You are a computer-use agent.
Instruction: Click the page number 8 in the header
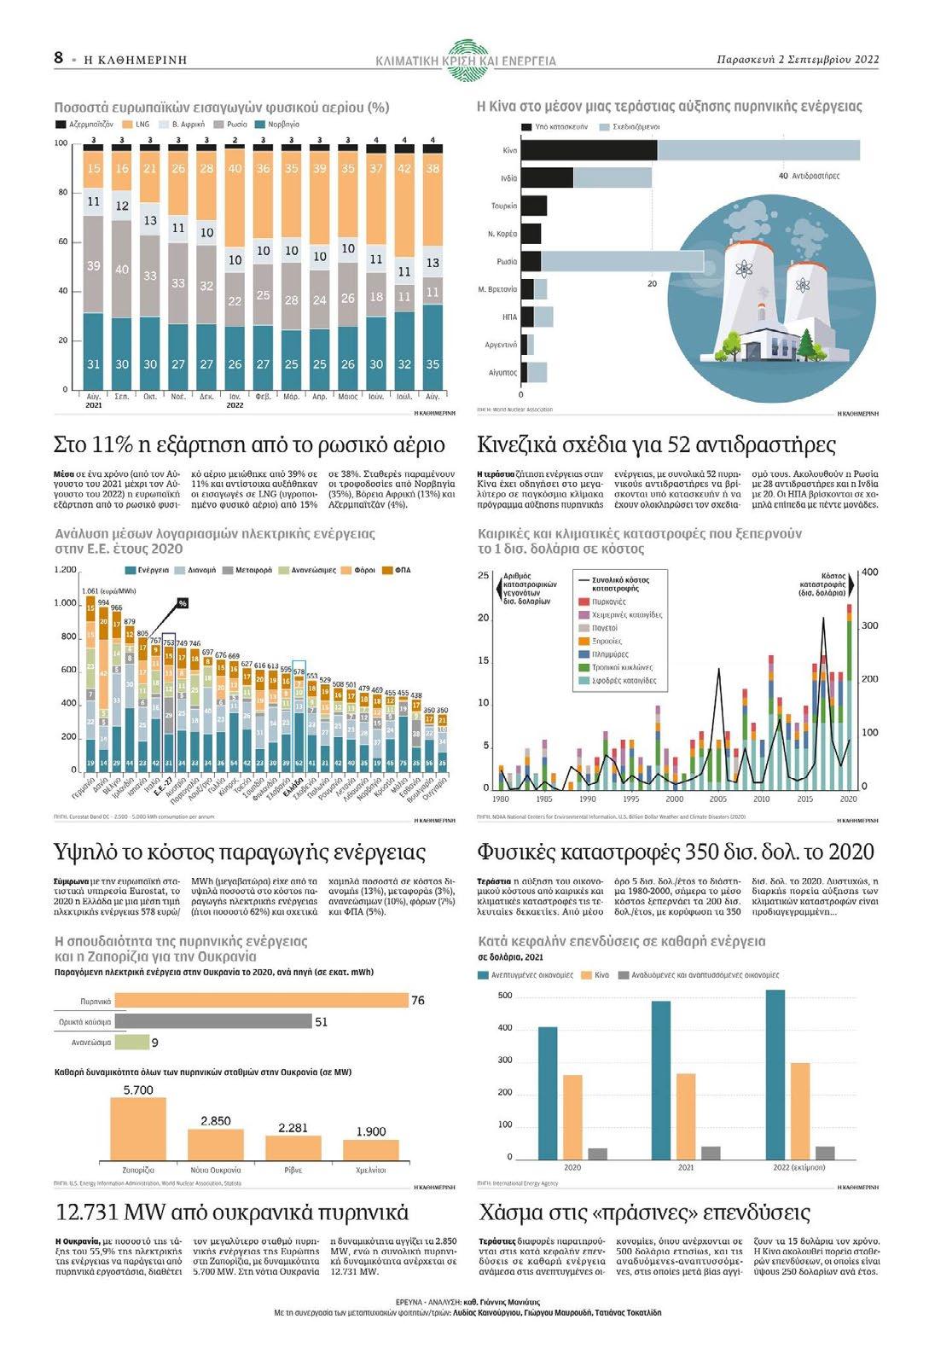click(x=58, y=58)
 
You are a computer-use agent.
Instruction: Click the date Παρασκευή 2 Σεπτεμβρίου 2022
click(x=798, y=60)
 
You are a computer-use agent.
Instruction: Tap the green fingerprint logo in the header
click(x=465, y=58)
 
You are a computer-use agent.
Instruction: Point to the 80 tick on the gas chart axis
click(x=62, y=193)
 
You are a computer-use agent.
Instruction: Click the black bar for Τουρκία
click(x=533, y=206)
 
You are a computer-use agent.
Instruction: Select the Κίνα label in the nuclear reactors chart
click(x=509, y=150)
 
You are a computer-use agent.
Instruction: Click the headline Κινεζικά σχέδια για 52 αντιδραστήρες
click(x=656, y=445)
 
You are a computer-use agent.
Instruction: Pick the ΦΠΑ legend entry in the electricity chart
click(x=402, y=570)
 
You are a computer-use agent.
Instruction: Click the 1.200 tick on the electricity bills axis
click(x=65, y=570)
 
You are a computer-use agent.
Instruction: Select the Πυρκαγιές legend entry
click(x=608, y=601)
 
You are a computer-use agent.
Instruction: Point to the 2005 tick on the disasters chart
click(x=717, y=799)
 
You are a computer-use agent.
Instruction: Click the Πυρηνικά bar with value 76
click(x=261, y=1001)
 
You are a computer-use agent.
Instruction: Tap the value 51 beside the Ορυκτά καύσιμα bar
click(x=322, y=1022)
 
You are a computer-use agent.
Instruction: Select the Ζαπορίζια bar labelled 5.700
click(x=138, y=1128)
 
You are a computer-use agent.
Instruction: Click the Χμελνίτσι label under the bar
click(x=371, y=1170)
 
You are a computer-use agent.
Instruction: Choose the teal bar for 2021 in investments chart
click(x=661, y=1079)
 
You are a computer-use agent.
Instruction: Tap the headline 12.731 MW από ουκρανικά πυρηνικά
click(x=232, y=1213)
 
